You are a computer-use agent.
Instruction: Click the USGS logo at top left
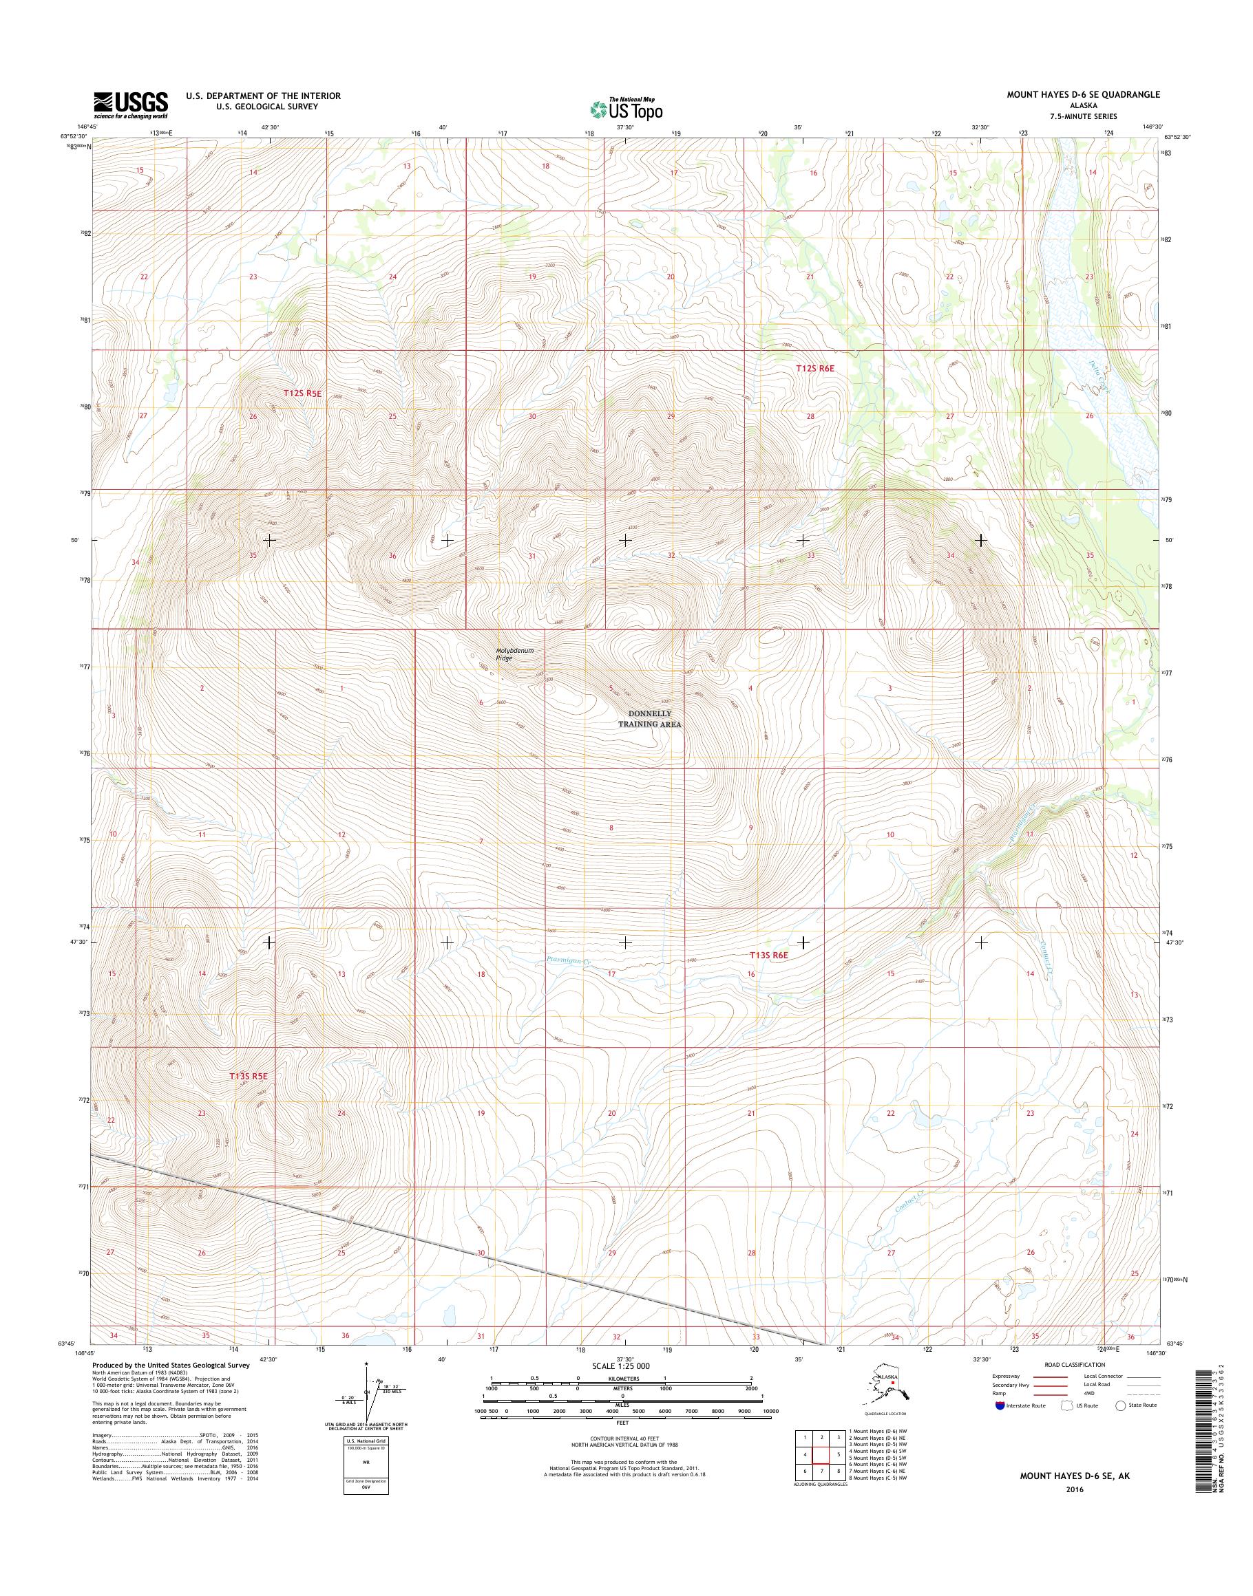click(131, 105)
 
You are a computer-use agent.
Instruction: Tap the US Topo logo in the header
click(626, 109)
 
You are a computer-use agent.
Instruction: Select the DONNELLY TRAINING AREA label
click(649, 718)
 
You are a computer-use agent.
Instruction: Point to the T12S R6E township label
click(815, 369)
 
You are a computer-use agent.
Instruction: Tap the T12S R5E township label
click(303, 393)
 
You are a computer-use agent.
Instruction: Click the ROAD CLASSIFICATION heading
click(1074, 1364)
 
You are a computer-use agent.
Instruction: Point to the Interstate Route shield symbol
click(999, 1406)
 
